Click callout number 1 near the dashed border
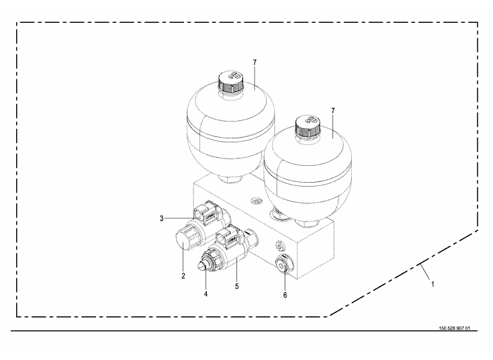click(433, 284)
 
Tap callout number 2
click(183, 276)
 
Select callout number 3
click(162, 218)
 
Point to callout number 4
click(206, 294)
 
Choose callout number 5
click(236, 286)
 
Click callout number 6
click(285, 296)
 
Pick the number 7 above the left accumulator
click(255, 62)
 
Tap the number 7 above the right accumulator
click(333, 111)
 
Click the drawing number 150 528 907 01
click(454, 328)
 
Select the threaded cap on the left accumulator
click(230, 82)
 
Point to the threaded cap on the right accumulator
click(308, 127)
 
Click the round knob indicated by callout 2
click(183, 240)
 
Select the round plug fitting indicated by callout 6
click(284, 263)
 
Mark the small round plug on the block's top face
click(256, 201)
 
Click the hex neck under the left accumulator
click(230, 179)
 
